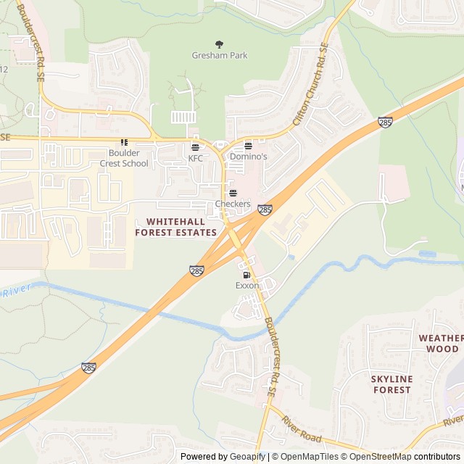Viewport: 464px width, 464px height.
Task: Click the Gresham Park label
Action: [220, 55]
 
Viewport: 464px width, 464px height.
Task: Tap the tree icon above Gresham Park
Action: [220, 44]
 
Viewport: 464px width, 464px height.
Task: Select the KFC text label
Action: [196, 158]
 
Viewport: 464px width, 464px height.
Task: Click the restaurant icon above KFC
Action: [196, 147]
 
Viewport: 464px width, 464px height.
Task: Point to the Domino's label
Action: [249, 157]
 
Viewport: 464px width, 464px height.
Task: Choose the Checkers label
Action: [233, 204]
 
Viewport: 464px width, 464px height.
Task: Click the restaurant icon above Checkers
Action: [233, 194]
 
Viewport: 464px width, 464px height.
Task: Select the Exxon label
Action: [247, 286]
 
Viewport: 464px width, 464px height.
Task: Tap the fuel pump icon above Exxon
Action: [247, 275]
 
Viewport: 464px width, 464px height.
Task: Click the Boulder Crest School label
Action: [124, 158]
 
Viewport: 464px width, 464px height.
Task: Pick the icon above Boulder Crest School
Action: [124, 142]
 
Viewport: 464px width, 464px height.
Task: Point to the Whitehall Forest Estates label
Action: [176, 227]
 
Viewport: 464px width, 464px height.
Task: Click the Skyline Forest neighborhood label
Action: [391, 384]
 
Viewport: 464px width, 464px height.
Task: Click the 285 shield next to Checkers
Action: [265, 210]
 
